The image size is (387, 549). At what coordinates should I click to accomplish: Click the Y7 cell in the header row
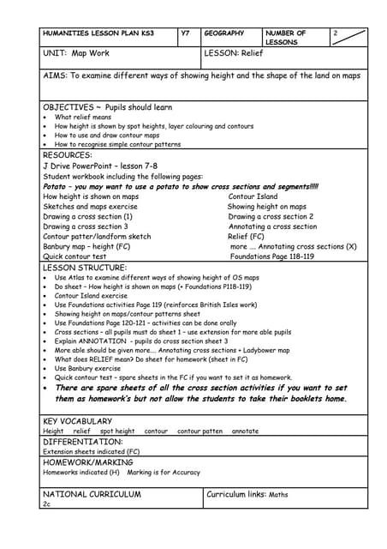(x=186, y=33)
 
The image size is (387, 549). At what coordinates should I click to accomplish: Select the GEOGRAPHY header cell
(x=224, y=33)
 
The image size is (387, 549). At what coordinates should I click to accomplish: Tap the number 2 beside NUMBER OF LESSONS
(x=336, y=33)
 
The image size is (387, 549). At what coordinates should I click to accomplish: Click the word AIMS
(x=53, y=75)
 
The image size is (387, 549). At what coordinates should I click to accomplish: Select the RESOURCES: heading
(x=67, y=155)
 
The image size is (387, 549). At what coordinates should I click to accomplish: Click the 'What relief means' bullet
(x=83, y=117)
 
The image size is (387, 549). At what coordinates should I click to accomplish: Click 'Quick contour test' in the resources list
(x=74, y=256)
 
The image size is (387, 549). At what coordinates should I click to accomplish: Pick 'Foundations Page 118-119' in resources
(x=272, y=256)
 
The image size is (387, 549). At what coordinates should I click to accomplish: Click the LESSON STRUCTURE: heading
(x=85, y=268)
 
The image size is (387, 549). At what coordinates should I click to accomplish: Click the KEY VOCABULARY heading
(x=77, y=421)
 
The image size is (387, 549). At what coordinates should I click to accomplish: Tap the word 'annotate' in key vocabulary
(x=245, y=431)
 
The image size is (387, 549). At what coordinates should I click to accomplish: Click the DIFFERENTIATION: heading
(x=82, y=442)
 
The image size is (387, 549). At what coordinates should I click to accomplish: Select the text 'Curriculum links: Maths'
(x=247, y=495)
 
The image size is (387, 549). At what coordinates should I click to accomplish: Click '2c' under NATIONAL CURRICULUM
(x=47, y=504)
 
